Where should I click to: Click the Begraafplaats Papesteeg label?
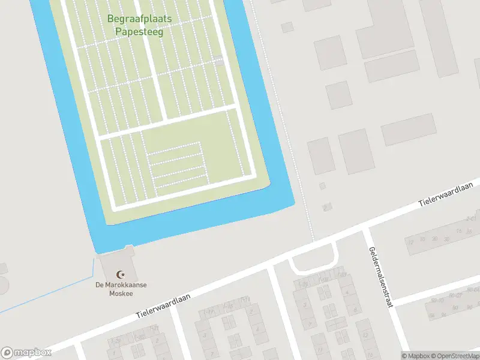(x=139, y=25)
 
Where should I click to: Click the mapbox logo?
(x=26, y=353)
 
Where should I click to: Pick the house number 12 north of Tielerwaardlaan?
(x=411, y=242)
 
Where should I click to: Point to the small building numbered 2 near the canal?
(x=326, y=208)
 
